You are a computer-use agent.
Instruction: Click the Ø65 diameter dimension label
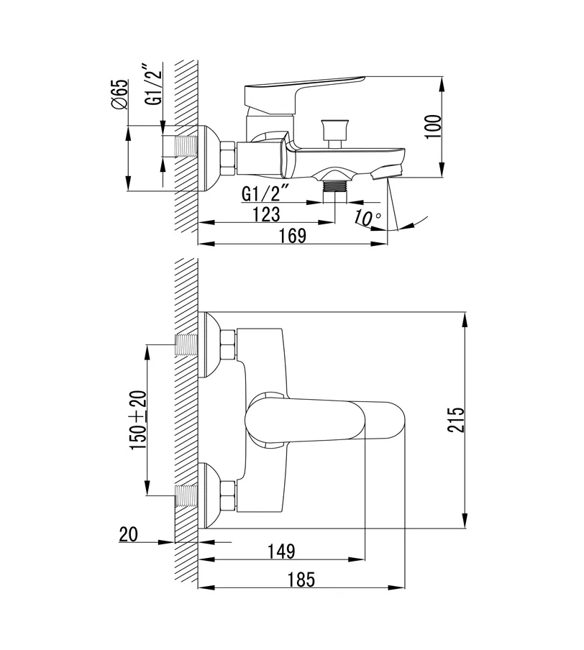point(120,94)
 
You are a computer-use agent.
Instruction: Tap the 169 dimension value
point(292,235)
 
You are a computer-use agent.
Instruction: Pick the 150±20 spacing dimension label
point(137,420)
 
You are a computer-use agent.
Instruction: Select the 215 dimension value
point(456,419)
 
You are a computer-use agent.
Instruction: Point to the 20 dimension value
point(129,534)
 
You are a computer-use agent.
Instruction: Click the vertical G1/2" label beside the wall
point(152,86)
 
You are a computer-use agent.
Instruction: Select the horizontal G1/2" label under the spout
point(265,193)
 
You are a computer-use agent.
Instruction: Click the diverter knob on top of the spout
point(334,131)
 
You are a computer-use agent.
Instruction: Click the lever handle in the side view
point(302,89)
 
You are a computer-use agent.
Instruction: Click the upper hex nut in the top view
point(228,344)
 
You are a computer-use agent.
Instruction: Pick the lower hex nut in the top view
point(228,495)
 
